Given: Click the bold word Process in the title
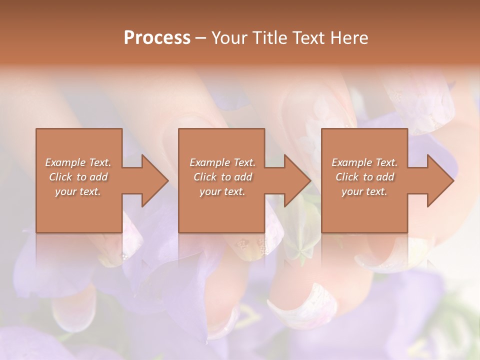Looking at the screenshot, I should (157, 38).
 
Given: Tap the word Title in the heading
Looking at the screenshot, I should (268, 38).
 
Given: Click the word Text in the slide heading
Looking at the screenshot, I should (308, 38).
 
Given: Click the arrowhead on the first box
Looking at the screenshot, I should (152, 180).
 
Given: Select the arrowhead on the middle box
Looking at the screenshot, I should (295, 180).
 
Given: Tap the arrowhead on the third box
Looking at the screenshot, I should (438, 180).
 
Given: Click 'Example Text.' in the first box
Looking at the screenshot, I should (78, 162).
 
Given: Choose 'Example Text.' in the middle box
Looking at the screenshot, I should (222, 162).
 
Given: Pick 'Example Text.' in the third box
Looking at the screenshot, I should (364, 162).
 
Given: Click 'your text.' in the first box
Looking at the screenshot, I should (78, 191).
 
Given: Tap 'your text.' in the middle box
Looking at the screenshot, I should (222, 191).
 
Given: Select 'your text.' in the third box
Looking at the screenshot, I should (364, 191).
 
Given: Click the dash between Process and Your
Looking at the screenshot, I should (200, 38).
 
